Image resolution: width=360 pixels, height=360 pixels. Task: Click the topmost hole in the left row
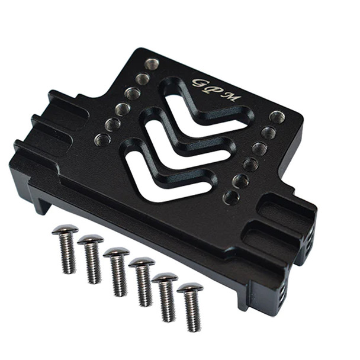point(152,64)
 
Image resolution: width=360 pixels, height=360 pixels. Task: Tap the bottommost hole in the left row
point(102,140)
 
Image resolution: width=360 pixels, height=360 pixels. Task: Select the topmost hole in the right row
point(277,117)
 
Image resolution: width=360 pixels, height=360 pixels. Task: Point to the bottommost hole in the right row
point(232,197)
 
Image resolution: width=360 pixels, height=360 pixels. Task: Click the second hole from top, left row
point(142,79)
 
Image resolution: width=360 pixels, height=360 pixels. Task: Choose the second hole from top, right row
point(268,133)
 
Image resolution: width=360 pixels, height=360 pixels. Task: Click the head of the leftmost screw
point(65,229)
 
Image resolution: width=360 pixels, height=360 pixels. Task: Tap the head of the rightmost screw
point(190,288)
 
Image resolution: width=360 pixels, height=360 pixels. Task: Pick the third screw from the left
point(117,252)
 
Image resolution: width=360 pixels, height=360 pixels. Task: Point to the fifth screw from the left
point(165,277)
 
